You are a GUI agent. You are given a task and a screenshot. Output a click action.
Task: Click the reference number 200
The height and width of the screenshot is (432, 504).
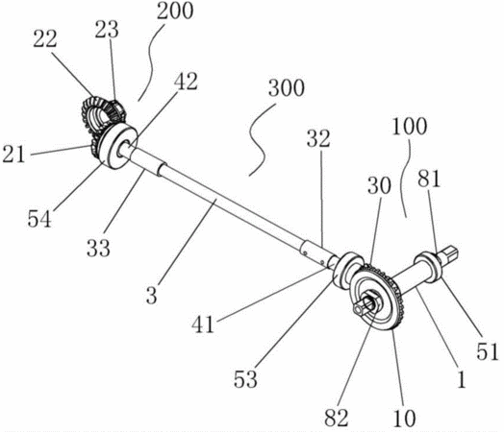pyautogui.click(x=175, y=12)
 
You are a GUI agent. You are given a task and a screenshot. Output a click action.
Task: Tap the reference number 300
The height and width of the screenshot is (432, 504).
pyautogui.click(x=287, y=88)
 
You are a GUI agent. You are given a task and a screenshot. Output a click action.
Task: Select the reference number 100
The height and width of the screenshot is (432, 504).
pyautogui.click(x=410, y=127)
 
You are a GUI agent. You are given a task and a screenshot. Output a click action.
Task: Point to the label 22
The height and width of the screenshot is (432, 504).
pyautogui.click(x=45, y=39)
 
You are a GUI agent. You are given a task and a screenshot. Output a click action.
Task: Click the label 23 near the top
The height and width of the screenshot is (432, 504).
pyautogui.click(x=107, y=29)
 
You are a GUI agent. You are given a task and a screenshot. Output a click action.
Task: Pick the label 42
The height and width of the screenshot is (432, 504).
pyautogui.click(x=186, y=82)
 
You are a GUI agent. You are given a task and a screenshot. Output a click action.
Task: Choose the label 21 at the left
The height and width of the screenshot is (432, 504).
pyautogui.click(x=13, y=155)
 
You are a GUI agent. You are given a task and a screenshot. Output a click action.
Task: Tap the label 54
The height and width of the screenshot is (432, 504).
pyautogui.click(x=39, y=219)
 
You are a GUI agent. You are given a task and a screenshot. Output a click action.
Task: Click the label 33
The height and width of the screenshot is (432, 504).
pyautogui.click(x=98, y=248)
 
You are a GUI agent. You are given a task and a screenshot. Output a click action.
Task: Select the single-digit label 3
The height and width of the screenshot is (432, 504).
pyautogui.click(x=151, y=295)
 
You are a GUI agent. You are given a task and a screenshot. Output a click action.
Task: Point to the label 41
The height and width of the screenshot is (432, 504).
pyautogui.click(x=203, y=324)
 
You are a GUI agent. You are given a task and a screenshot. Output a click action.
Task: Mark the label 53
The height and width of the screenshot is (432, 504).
pyautogui.click(x=245, y=379)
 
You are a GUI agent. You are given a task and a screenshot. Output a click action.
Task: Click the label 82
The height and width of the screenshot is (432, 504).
pyautogui.click(x=337, y=418)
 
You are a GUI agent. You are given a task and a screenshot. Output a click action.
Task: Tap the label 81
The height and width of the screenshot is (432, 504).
pyautogui.click(x=429, y=179)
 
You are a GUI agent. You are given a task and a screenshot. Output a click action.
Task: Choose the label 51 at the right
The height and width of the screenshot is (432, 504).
pyautogui.click(x=488, y=351)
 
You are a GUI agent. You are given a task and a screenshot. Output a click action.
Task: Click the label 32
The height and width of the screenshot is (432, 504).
pyautogui.click(x=318, y=138)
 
